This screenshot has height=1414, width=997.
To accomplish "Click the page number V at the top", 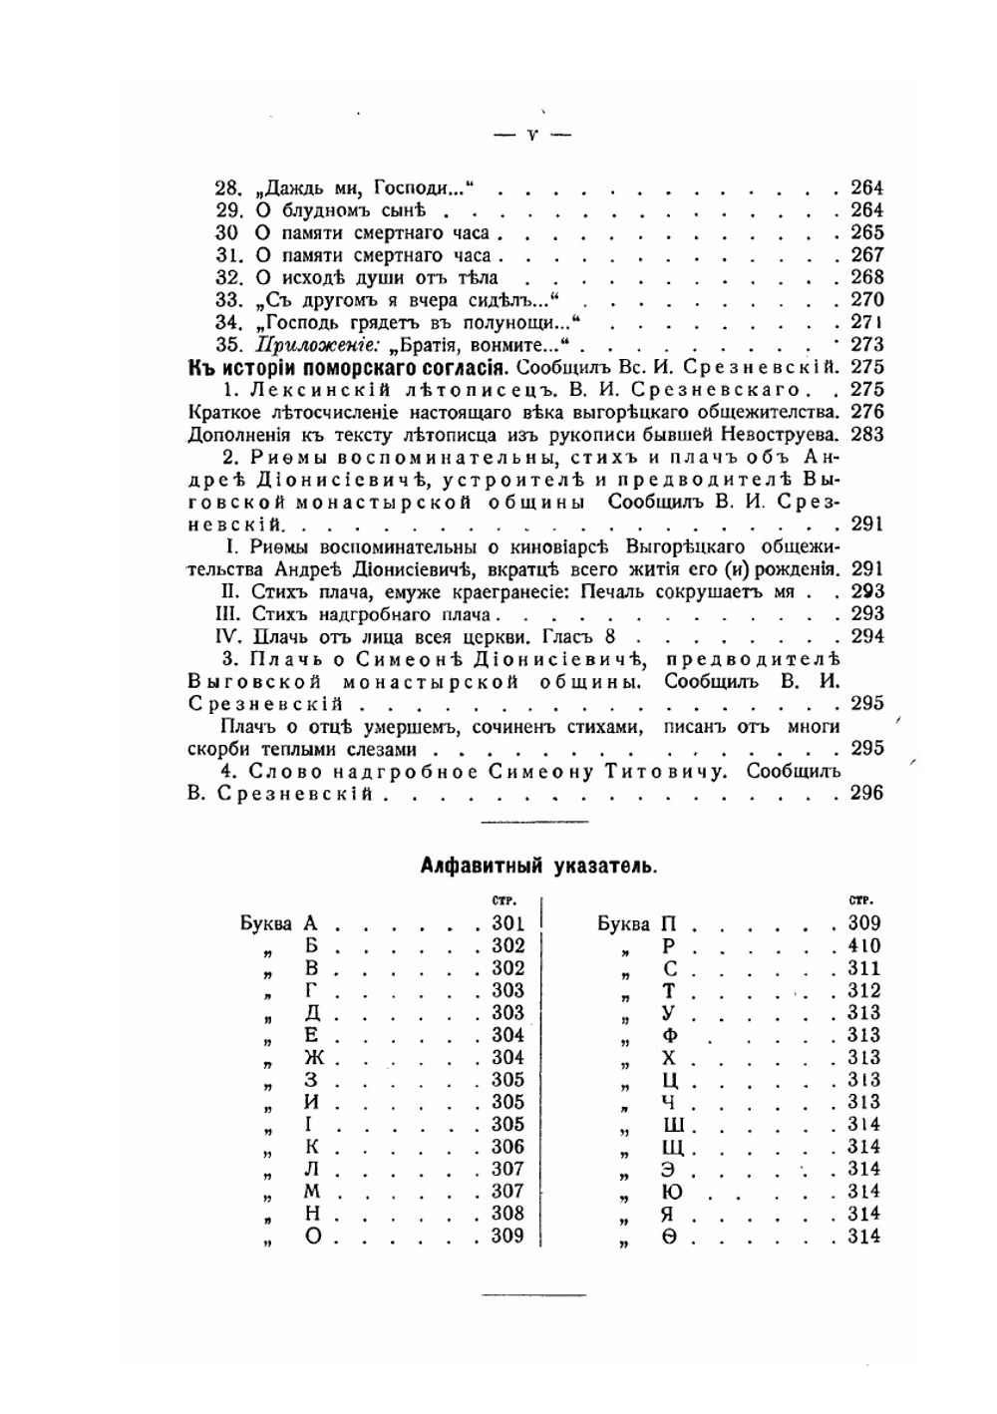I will (x=532, y=135).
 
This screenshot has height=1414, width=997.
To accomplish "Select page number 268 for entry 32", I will (x=866, y=277).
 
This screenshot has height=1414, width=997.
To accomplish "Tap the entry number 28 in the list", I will (x=229, y=187).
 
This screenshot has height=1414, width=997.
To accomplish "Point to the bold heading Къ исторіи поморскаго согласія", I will (x=349, y=367).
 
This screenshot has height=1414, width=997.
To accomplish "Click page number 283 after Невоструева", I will (x=866, y=434).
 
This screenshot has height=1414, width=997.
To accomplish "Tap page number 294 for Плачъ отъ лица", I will (x=866, y=636).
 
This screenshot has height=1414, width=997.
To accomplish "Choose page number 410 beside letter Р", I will (x=863, y=945).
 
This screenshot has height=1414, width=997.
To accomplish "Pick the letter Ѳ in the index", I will (x=671, y=1237).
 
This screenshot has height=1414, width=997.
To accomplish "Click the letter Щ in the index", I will (x=671, y=1148).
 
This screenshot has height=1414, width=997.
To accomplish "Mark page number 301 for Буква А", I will (x=507, y=923).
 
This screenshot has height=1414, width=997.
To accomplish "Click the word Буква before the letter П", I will (x=623, y=923).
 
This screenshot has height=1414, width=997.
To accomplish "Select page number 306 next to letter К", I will (x=507, y=1147).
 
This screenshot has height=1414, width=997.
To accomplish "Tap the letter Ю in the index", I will (x=671, y=1192).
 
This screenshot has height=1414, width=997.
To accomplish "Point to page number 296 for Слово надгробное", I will (x=866, y=794).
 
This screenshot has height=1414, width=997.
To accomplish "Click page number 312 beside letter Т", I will (x=863, y=990).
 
